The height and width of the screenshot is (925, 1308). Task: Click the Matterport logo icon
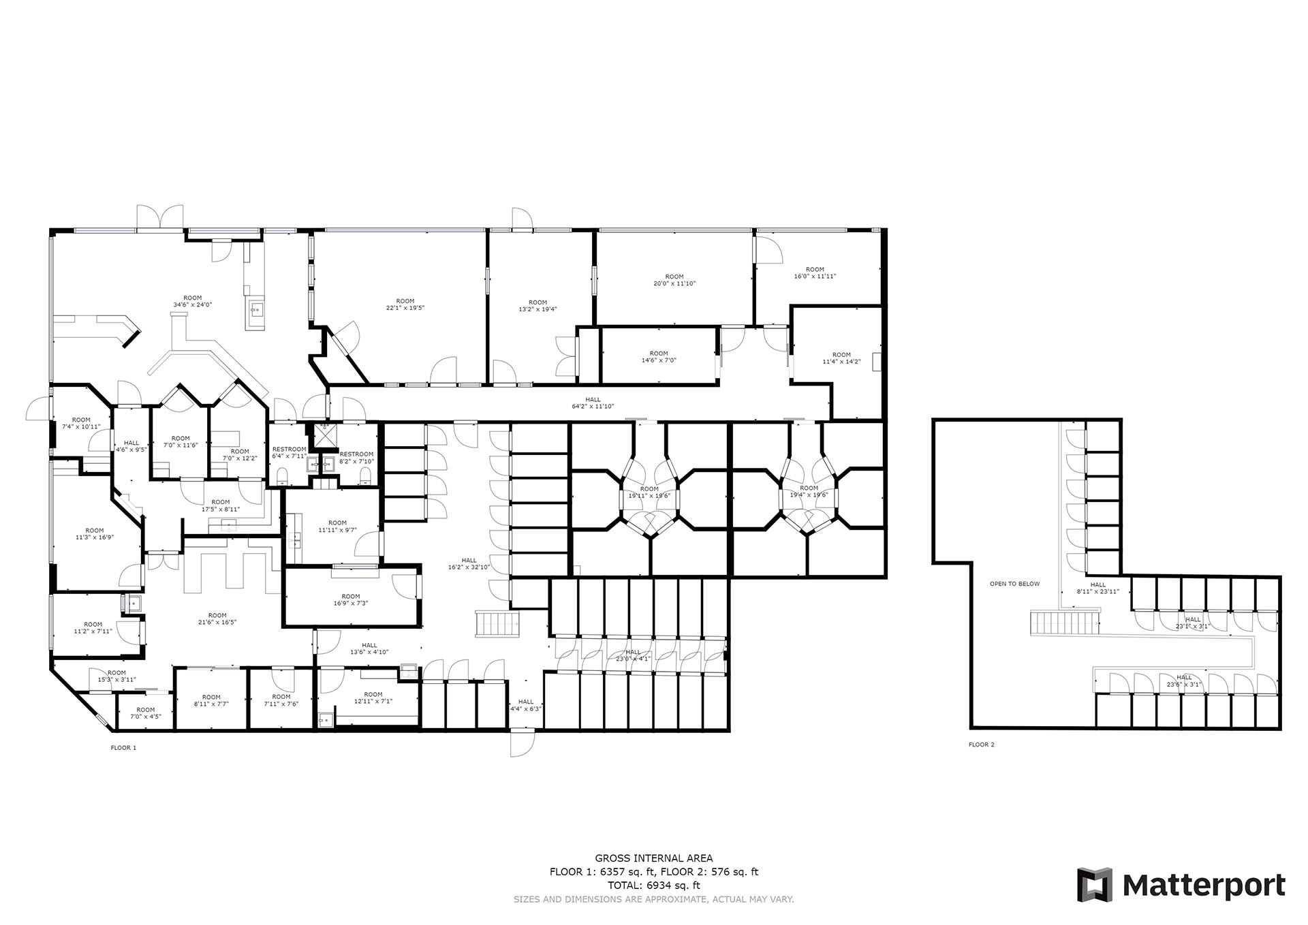coord(1094,885)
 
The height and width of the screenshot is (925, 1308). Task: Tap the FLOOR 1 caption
coord(123,747)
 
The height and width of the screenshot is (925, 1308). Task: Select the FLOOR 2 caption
coord(982,744)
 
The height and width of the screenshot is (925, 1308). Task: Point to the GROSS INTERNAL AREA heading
coord(654,858)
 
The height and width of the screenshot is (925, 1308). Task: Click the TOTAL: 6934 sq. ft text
coord(654,885)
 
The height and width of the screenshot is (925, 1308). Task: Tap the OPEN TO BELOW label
coord(1015,584)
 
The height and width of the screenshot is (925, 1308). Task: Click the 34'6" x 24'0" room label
coord(193,301)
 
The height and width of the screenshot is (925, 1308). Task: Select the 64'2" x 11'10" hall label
coord(593,403)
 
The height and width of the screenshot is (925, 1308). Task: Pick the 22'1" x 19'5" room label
coord(405,304)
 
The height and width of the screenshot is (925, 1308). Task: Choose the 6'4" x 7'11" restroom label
coord(290,453)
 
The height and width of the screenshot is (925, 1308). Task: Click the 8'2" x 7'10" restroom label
coord(356,458)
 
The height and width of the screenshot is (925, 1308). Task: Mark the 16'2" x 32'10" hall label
coord(469,563)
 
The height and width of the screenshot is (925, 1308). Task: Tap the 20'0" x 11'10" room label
coord(674,280)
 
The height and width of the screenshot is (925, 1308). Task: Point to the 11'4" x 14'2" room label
coord(841,358)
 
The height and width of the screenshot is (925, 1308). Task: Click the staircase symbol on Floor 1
coord(497,623)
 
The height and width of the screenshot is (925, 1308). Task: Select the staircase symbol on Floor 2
coord(1064,623)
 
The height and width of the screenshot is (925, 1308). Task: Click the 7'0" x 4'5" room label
coord(146,713)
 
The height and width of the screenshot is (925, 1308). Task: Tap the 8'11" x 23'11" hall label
coord(1098,588)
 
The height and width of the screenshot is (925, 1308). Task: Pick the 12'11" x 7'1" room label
coord(373,697)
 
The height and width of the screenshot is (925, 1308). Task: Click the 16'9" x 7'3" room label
coord(351,599)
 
